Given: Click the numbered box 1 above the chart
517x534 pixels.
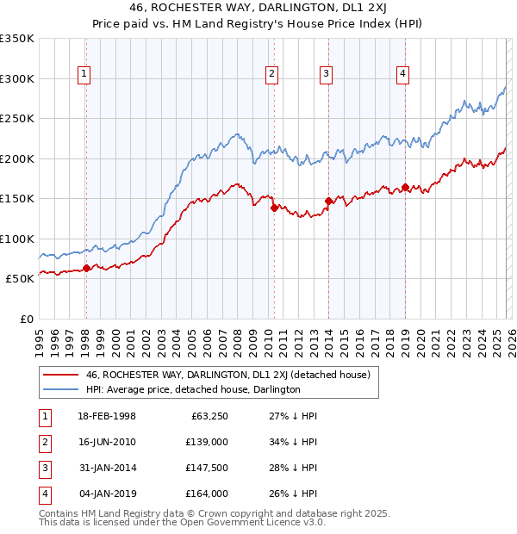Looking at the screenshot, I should (84, 75).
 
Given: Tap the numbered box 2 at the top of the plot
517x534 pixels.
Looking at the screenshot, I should (271, 75).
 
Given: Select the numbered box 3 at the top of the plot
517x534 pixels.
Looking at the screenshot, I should (327, 75).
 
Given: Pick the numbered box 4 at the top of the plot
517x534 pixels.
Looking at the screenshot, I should (402, 75).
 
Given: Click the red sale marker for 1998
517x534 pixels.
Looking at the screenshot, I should (86, 269).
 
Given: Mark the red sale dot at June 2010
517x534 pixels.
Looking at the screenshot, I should (274, 208).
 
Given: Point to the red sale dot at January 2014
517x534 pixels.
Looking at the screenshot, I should (328, 201).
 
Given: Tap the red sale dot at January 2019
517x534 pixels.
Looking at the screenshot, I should (404, 187).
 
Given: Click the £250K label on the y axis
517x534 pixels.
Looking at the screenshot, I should (17, 119).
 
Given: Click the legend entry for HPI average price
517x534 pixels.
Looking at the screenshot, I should (192, 389).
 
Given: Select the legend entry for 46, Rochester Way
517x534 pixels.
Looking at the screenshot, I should (227, 375).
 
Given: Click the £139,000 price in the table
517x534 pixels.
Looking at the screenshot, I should (206, 442).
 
